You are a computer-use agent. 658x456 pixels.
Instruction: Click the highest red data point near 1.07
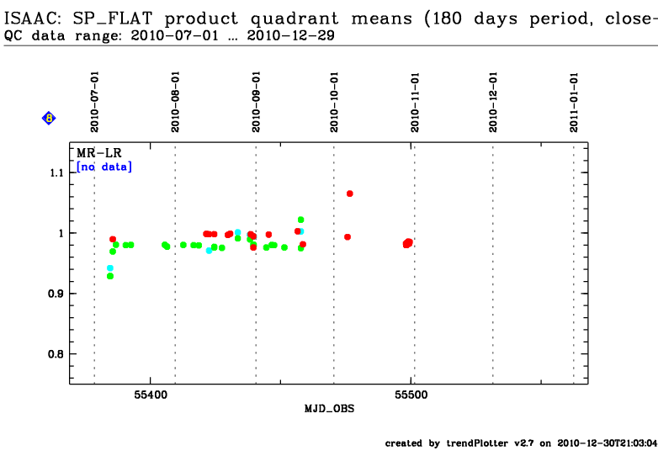pos(349,194)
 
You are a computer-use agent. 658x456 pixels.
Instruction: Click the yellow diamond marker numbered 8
pos(49,119)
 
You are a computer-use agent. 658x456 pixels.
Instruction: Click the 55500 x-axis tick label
pos(411,394)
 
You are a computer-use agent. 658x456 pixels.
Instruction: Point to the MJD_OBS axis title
pos(329,409)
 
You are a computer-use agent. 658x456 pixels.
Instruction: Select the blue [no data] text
pos(104,167)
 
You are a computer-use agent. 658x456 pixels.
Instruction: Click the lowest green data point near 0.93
pos(110,276)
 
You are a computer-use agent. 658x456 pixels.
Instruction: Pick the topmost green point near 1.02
pos(300,220)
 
